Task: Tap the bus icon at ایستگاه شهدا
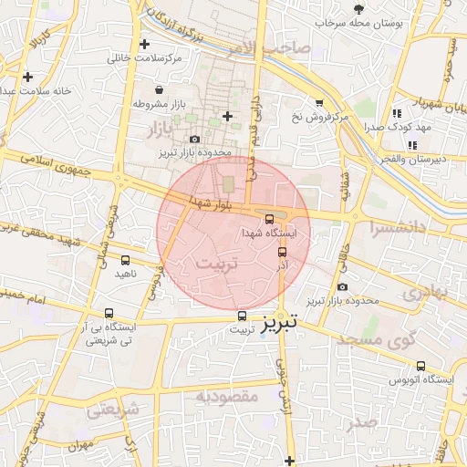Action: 269,218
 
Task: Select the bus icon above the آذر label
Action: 281,252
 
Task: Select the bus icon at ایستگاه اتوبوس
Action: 420,366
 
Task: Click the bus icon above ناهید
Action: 125,261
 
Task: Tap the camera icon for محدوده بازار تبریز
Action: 194,139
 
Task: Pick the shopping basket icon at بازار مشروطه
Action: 161,90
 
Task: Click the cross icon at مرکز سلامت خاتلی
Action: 144,44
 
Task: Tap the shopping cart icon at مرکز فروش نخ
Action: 319,103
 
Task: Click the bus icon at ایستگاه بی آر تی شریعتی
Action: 109,313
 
